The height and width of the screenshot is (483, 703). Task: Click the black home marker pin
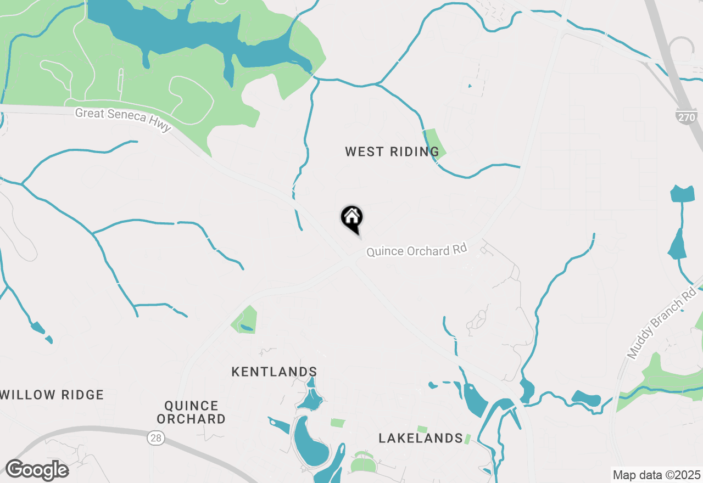[351, 218]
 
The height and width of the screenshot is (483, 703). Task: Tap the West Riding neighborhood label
[392, 151]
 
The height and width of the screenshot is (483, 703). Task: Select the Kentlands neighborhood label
[274, 372]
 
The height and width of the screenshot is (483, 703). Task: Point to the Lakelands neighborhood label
[421, 438]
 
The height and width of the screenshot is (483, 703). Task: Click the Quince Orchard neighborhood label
[191, 412]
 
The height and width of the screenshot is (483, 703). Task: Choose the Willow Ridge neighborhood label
[52, 395]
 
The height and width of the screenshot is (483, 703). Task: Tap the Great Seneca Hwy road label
[124, 120]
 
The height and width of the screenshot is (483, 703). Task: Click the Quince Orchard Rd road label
[416, 250]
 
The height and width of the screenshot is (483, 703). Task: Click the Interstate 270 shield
[686, 116]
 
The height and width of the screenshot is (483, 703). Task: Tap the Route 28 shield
[154, 437]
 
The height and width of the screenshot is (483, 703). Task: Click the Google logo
[37, 470]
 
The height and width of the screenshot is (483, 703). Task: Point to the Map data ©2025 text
[656, 474]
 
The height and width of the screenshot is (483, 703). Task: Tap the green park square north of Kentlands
[244, 319]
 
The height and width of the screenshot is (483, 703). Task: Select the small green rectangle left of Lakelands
[338, 423]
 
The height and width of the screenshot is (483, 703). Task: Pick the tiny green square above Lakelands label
[422, 429]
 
